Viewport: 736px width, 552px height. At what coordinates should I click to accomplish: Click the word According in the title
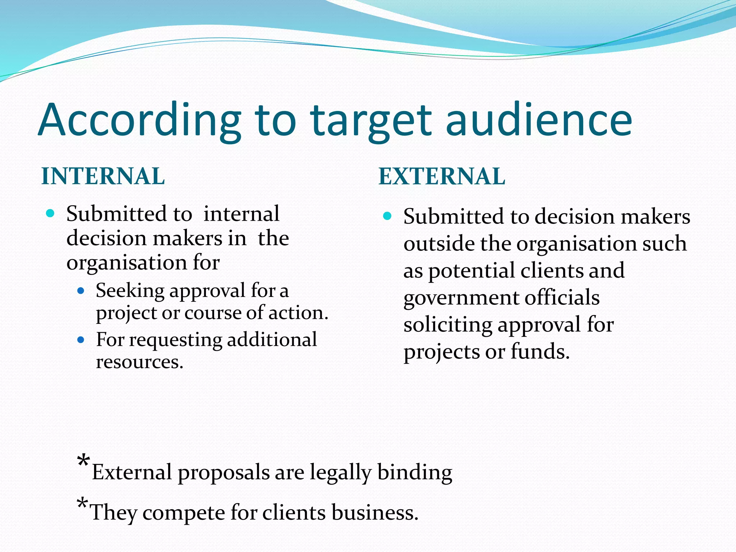pyautogui.click(x=139, y=120)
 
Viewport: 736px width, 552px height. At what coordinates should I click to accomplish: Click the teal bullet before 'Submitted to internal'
pyautogui.click(x=50, y=213)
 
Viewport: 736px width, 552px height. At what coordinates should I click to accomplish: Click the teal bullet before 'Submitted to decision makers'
pyautogui.click(x=387, y=216)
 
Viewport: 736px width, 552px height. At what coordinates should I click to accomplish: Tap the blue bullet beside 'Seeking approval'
pyautogui.click(x=81, y=290)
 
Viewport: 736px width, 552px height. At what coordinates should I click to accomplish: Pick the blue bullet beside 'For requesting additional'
pyautogui.click(x=81, y=340)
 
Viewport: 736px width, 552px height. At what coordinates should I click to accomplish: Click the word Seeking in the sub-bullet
pyautogui.click(x=130, y=291)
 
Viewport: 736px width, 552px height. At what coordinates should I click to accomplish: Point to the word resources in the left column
pyautogui.click(x=139, y=362)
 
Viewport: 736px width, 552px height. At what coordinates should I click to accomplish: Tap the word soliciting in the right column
pyautogui.click(x=447, y=325)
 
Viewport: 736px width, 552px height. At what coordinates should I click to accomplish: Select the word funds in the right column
pyautogui.click(x=540, y=351)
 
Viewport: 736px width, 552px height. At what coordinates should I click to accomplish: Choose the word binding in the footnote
pyautogui.click(x=415, y=473)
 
